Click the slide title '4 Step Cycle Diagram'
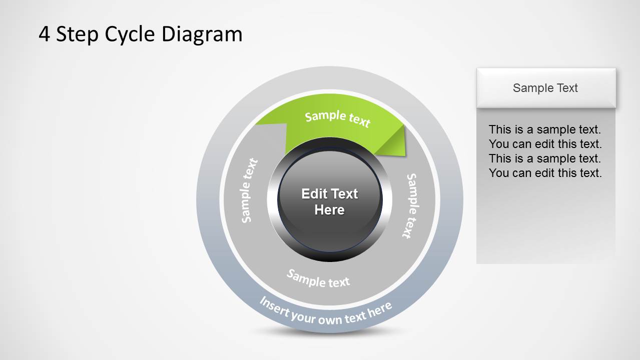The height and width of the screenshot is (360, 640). point(140,34)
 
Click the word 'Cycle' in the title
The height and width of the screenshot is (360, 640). point(129,34)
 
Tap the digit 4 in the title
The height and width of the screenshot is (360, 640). point(44,34)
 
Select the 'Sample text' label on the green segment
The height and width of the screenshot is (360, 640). point(337,118)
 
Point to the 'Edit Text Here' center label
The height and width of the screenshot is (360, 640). point(330,201)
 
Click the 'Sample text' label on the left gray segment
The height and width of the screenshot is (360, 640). point(249,190)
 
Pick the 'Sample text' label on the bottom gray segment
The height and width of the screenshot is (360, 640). point(318,278)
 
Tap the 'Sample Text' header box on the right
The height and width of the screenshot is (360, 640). point(545,88)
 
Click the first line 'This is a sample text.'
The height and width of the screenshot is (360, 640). point(545,129)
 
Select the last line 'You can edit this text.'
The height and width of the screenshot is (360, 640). point(545,173)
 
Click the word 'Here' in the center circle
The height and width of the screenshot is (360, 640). point(330,210)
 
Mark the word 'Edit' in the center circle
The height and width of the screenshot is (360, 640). point(313,193)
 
